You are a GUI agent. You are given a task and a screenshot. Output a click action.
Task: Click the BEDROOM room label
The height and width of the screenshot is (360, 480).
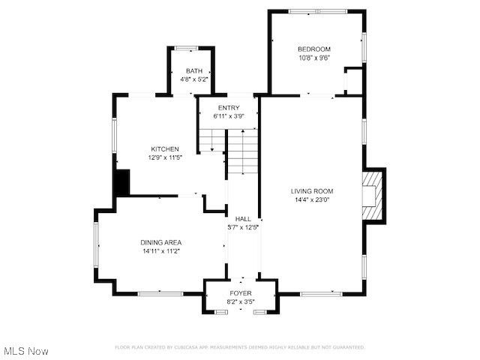(x=314, y=49)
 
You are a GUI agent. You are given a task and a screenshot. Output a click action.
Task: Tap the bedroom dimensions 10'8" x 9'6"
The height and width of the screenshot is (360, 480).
(x=314, y=58)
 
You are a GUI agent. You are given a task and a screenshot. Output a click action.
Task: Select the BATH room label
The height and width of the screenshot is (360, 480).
(x=193, y=70)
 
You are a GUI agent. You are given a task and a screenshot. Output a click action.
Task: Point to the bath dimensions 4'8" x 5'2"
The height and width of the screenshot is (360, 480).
(x=193, y=79)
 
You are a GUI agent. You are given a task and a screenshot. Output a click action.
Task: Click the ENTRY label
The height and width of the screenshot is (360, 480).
(x=229, y=108)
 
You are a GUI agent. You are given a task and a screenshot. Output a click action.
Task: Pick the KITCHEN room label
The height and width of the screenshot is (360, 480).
(x=164, y=149)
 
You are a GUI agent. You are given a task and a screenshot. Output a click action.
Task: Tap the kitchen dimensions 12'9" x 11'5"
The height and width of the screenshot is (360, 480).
(x=164, y=157)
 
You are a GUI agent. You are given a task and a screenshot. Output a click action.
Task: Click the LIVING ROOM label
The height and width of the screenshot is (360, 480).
(x=312, y=191)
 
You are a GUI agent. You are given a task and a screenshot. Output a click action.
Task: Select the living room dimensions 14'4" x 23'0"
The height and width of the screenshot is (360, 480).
(x=312, y=199)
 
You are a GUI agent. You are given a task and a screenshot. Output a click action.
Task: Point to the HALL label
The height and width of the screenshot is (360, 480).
(x=243, y=219)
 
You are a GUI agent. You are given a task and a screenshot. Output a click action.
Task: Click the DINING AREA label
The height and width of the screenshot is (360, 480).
(x=160, y=242)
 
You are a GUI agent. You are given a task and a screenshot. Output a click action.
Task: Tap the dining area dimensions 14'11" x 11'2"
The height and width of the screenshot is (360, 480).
(x=160, y=250)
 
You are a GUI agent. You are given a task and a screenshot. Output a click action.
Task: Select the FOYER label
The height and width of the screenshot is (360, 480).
(x=241, y=292)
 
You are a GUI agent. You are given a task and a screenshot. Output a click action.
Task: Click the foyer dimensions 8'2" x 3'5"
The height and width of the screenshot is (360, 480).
(x=241, y=301)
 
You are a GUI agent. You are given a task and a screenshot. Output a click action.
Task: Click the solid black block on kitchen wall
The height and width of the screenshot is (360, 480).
(x=121, y=182)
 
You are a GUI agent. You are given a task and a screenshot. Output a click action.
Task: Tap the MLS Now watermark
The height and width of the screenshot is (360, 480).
(x=25, y=351)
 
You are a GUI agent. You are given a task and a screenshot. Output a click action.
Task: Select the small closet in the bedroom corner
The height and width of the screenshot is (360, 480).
(x=352, y=79)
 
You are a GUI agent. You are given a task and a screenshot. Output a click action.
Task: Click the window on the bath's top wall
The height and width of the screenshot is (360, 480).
(x=186, y=49)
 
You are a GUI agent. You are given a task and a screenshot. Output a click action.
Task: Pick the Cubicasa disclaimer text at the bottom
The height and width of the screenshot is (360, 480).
(x=239, y=347)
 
